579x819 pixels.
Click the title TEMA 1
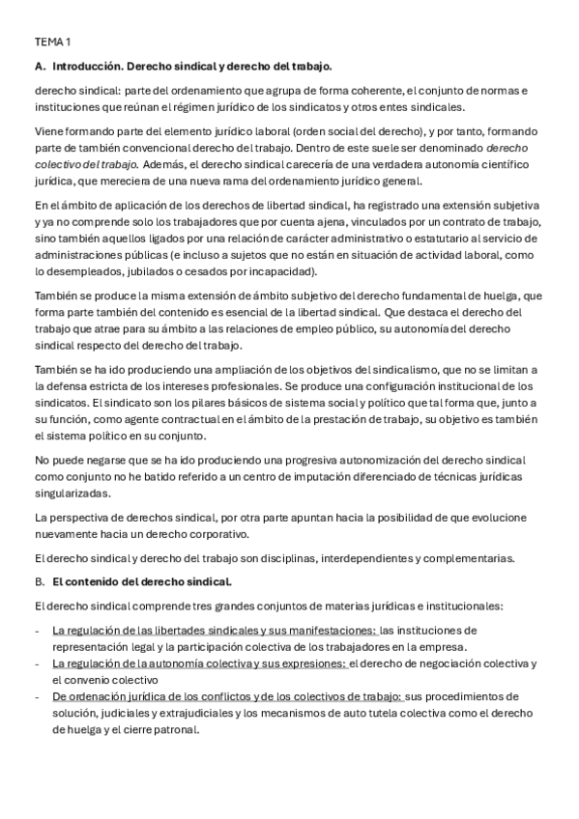click(52, 42)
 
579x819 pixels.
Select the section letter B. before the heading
click(40, 582)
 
